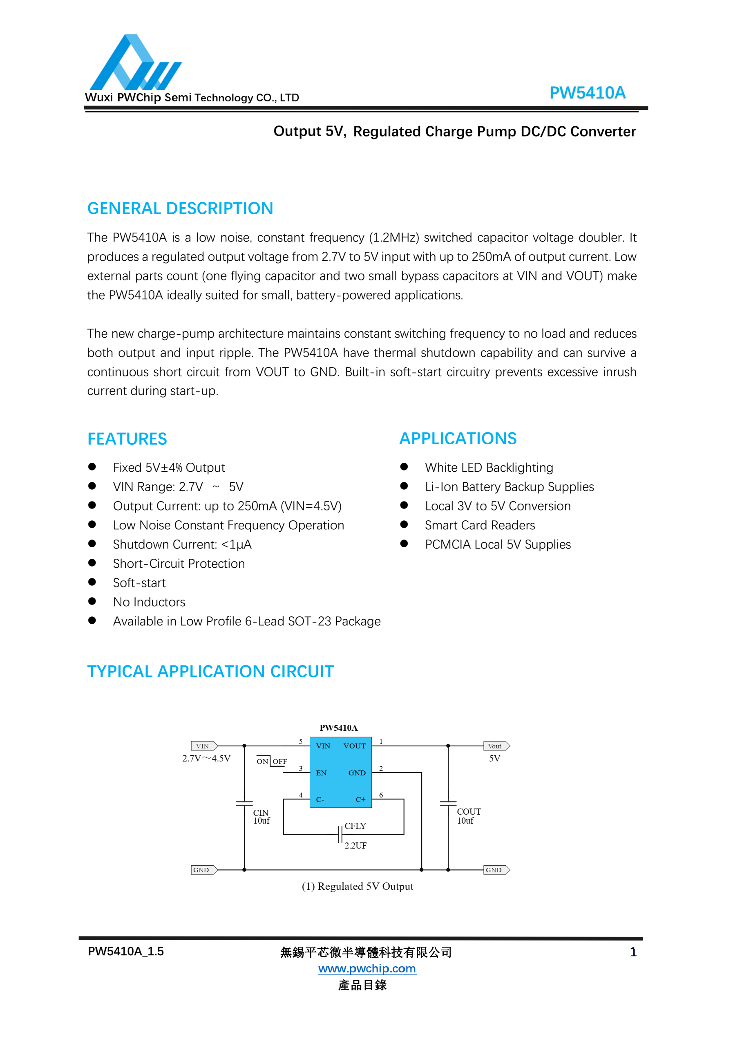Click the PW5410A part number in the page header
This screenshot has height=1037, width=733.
pyautogui.click(x=587, y=93)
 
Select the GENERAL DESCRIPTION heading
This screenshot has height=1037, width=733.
pyautogui.click(x=180, y=208)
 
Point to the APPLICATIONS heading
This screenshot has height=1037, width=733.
pyautogui.click(x=458, y=439)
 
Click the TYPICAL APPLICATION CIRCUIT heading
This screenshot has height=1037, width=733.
pyautogui.click(x=210, y=672)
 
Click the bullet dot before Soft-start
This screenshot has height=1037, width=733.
pyautogui.click(x=92, y=582)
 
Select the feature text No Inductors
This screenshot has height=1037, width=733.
pyautogui.click(x=149, y=602)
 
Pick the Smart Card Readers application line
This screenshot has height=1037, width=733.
pyautogui.click(x=480, y=525)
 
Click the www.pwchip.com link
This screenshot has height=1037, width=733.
pyautogui.click(x=367, y=968)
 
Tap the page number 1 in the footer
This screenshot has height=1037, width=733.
pyautogui.click(x=633, y=952)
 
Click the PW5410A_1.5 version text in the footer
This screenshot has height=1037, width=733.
pyautogui.click(x=125, y=952)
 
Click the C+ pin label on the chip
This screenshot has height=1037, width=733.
pyautogui.click(x=360, y=800)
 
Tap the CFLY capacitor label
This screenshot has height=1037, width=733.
pyautogui.click(x=355, y=826)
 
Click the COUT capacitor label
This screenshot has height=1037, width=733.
pyautogui.click(x=469, y=812)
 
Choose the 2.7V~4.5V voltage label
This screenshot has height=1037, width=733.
pyautogui.click(x=206, y=758)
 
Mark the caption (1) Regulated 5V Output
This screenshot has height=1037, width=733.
pyautogui.click(x=358, y=887)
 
